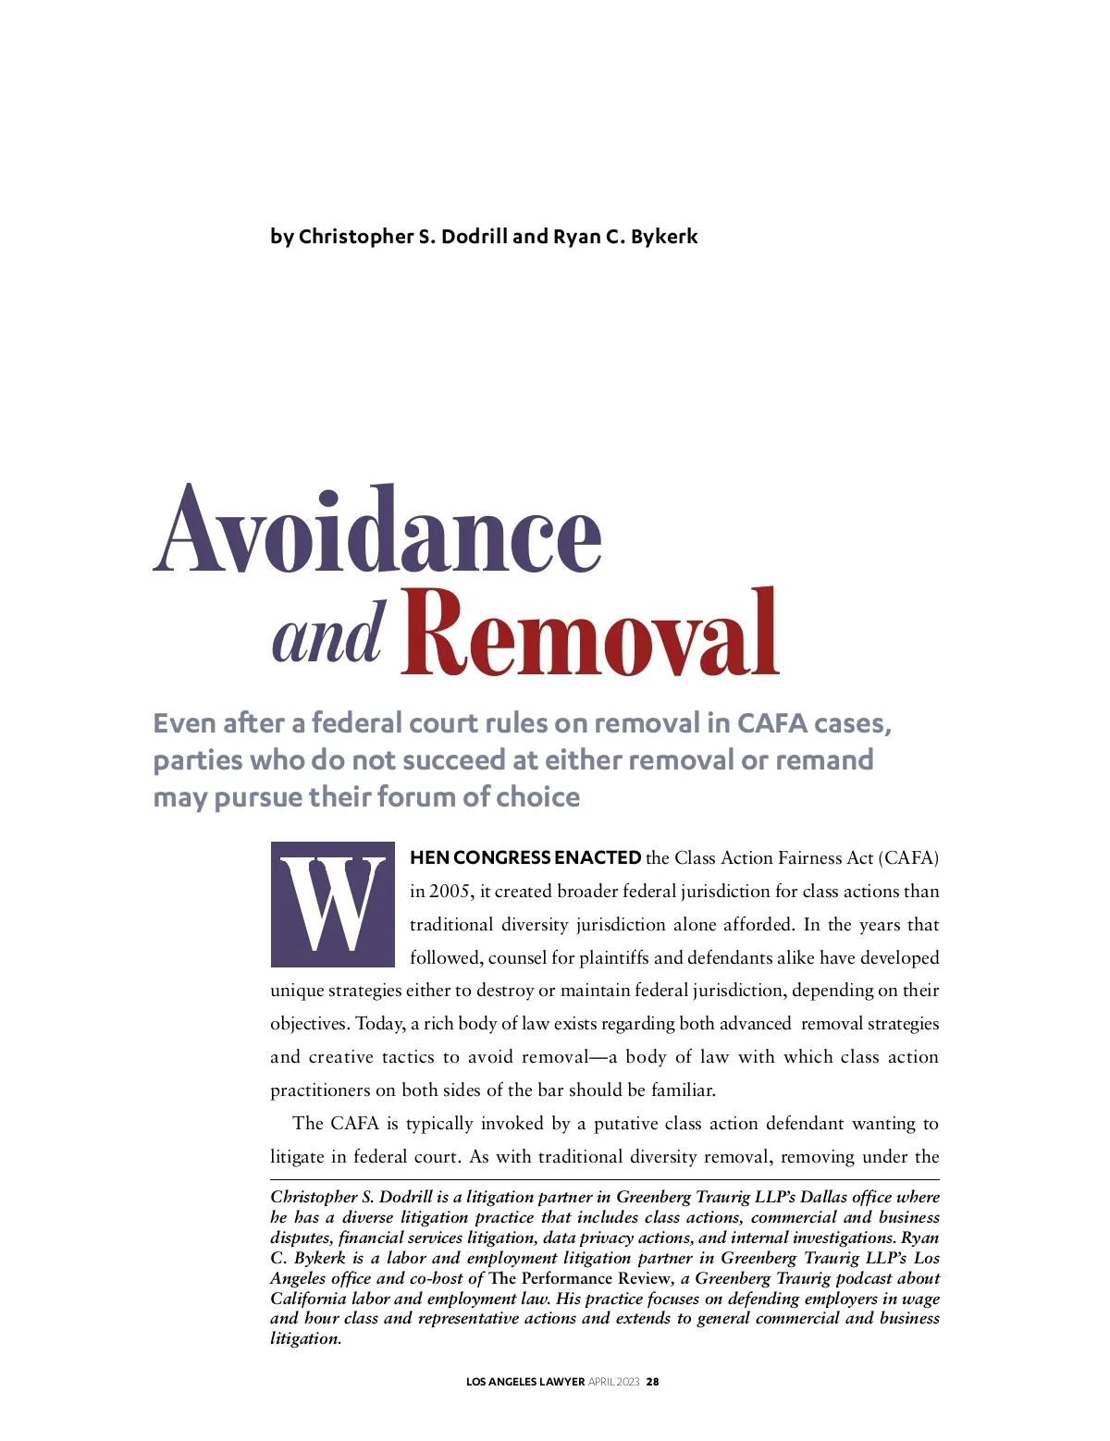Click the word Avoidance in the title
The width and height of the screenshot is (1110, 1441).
click(x=377, y=530)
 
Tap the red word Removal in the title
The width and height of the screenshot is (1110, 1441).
click(x=590, y=633)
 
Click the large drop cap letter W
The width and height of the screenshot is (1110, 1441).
click(x=332, y=904)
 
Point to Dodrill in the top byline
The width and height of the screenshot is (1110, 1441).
click(x=475, y=236)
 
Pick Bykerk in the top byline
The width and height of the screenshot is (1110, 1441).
click(x=664, y=236)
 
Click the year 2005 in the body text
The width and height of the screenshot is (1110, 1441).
click(x=450, y=891)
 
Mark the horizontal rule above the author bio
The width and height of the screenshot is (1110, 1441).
click(x=604, y=1180)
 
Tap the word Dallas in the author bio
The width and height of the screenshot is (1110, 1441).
click(x=823, y=1197)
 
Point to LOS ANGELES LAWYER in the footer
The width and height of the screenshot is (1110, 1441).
click(x=524, y=1382)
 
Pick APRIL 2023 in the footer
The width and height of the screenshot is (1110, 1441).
click(x=614, y=1382)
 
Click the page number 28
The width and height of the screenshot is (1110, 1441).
click(x=653, y=1382)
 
